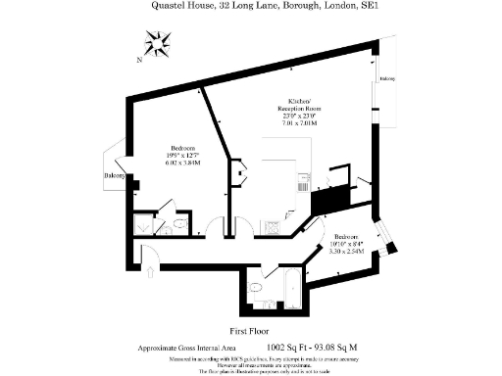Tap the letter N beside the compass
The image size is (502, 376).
pyautogui.click(x=139, y=60)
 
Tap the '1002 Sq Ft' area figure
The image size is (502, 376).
pyautogui.click(x=284, y=348)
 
